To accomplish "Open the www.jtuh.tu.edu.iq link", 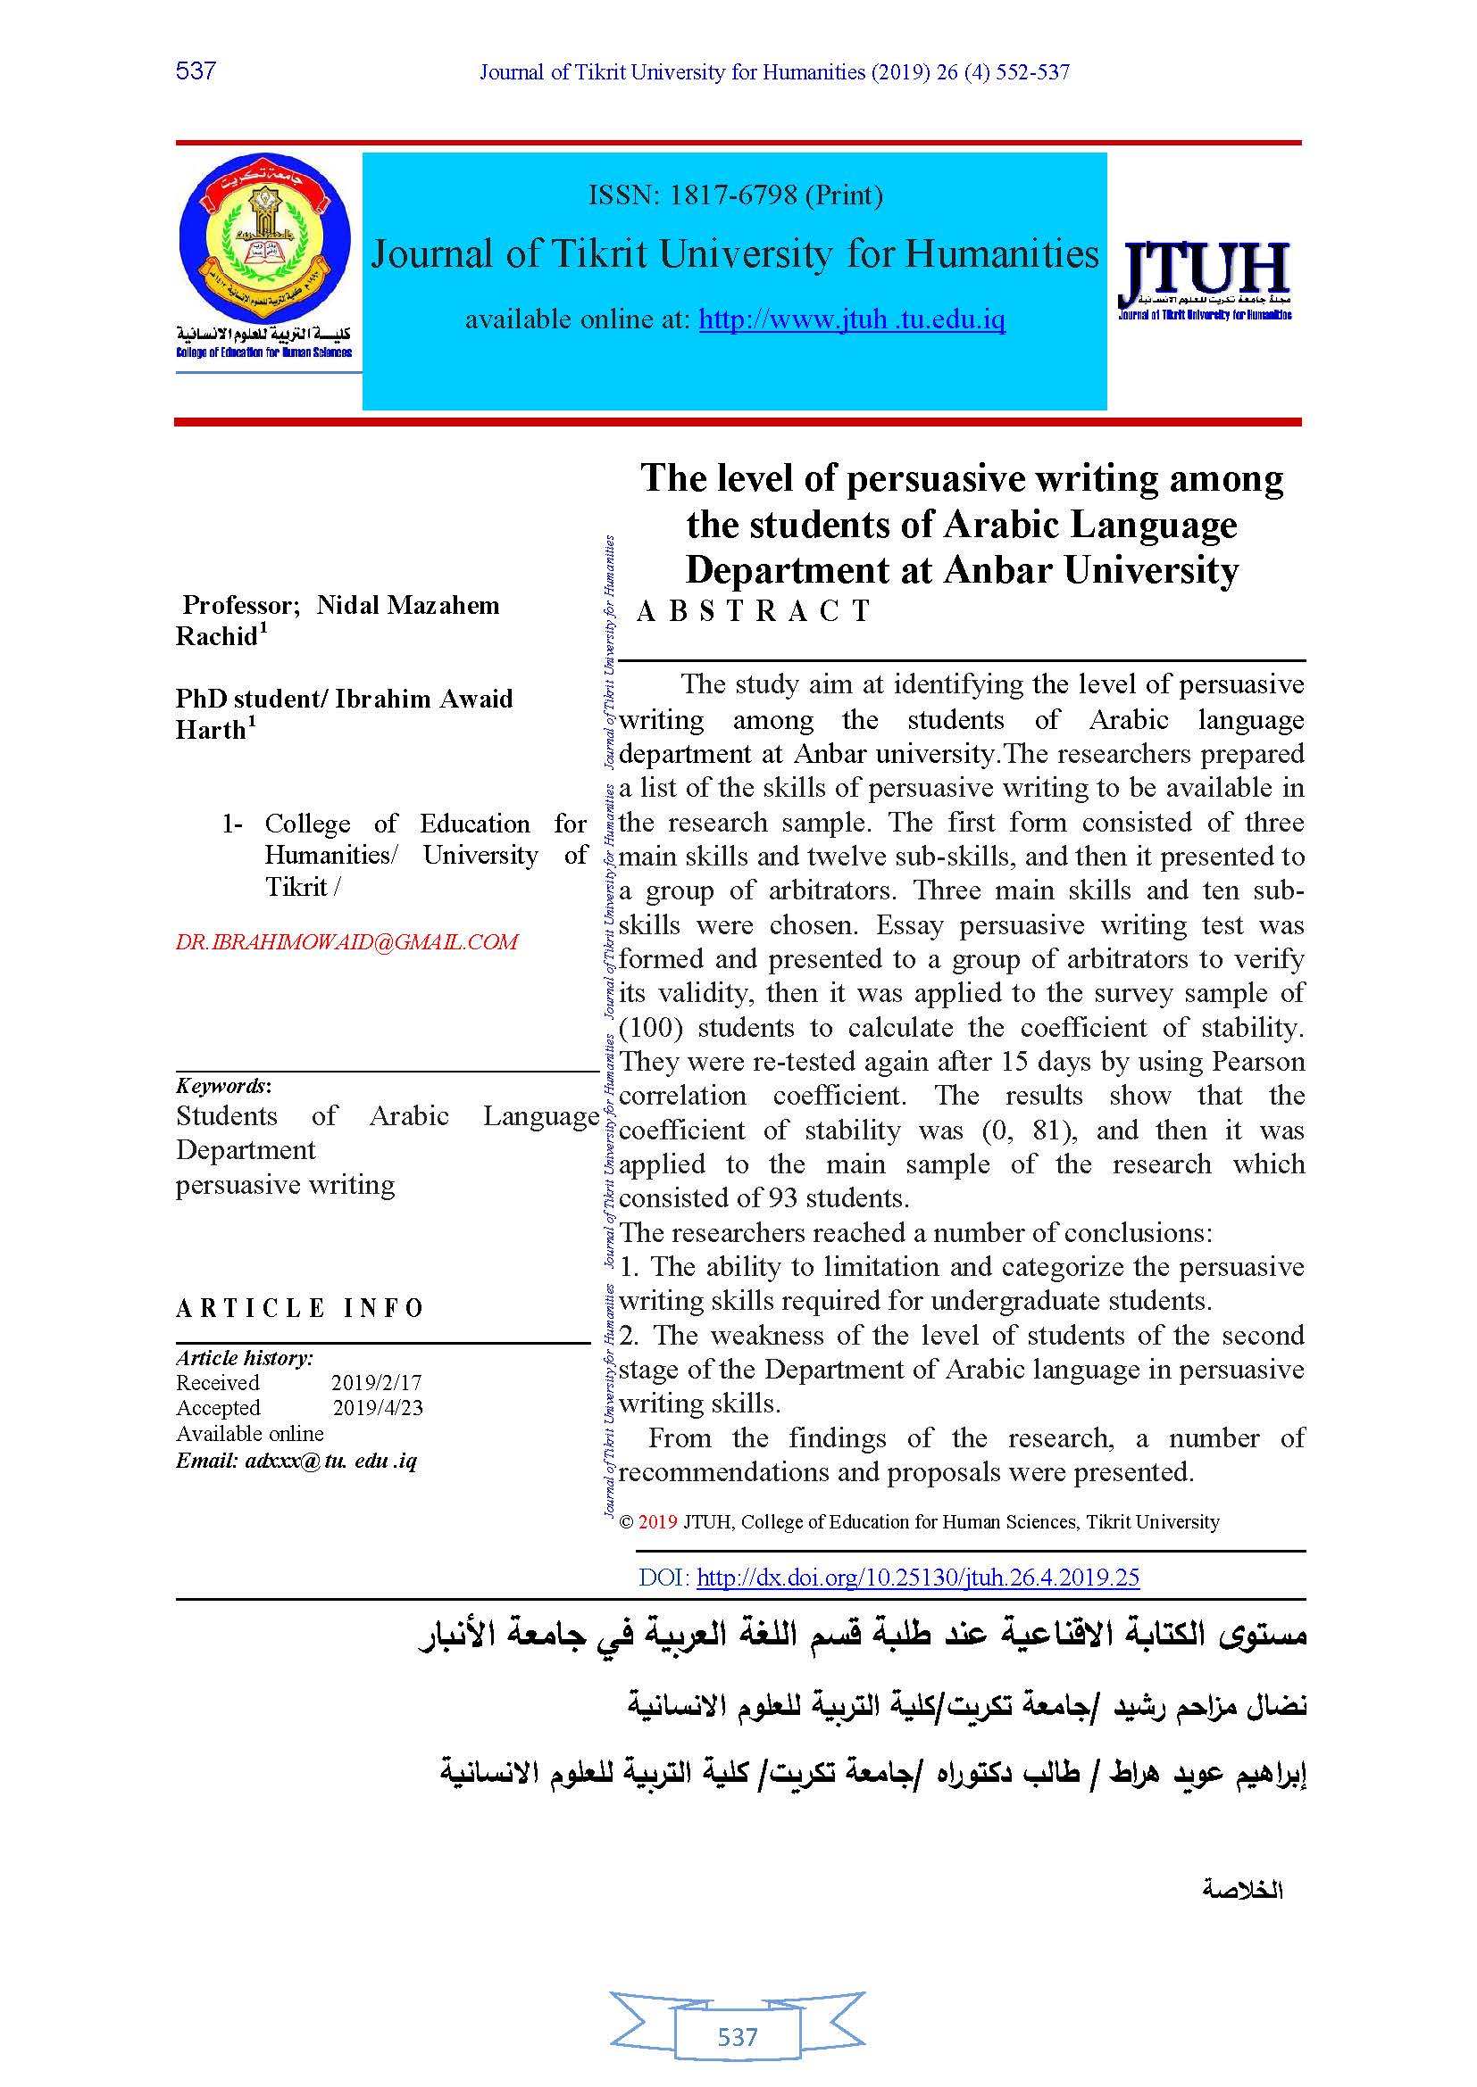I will coord(851,320).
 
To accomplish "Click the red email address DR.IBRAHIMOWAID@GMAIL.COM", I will coord(346,941).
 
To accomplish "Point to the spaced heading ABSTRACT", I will coord(754,611).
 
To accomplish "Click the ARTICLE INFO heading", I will coord(300,1308).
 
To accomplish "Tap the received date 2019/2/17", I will coord(377,1382).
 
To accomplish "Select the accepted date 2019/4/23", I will coord(378,1407).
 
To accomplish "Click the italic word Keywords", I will coord(221,1085).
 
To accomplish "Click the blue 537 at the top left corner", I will coord(196,70).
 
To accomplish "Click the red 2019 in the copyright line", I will coord(657,1521).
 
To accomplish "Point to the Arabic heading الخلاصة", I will coord(1241,1890).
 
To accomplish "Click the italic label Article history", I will coord(244,1358).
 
